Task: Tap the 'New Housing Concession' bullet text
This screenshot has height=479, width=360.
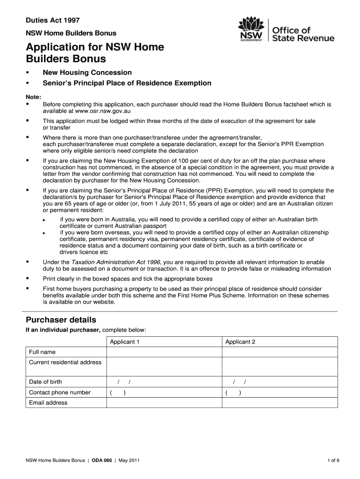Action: [87, 73]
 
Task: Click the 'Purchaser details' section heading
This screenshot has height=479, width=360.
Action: [61, 320]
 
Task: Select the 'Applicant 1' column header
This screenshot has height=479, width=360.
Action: [125, 342]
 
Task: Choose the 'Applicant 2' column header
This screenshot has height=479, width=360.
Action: [240, 342]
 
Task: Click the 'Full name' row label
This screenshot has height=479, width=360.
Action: [42, 352]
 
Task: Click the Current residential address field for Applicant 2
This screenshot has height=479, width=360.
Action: [280, 367]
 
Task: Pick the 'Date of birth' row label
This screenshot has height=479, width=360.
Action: [45, 382]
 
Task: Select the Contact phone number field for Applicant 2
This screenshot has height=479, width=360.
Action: [280, 392]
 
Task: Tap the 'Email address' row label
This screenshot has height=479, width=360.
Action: [48, 403]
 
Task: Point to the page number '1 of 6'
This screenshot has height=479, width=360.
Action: [333, 460]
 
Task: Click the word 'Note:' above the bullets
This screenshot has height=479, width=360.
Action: [33, 96]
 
